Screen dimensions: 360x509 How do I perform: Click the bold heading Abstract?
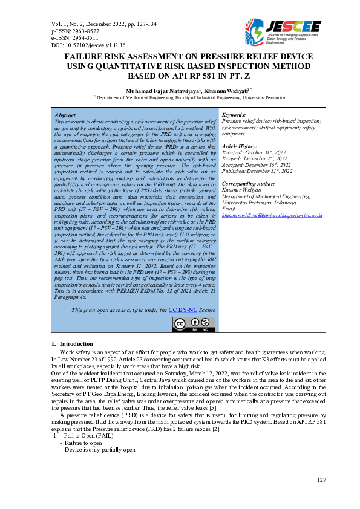click(x=65, y=115)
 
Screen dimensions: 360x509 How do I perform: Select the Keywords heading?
click(x=234, y=115)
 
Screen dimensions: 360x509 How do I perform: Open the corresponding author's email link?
click(x=272, y=215)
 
